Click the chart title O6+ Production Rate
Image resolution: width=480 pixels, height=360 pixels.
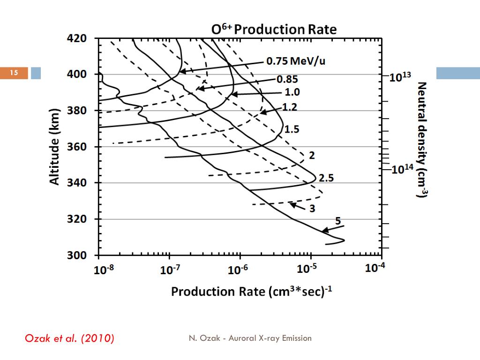click(x=274, y=30)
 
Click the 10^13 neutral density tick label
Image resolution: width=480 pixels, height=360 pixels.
click(x=400, y=77)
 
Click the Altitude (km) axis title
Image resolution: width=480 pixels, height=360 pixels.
click(x=55, y=147)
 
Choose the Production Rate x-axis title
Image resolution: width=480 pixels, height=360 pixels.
click(x=252, y=292)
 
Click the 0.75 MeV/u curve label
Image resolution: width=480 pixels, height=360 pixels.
click(x=295, y=61)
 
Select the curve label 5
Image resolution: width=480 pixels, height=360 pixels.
click(x=338, y=221)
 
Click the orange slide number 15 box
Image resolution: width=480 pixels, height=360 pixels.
click(x=14, y=73)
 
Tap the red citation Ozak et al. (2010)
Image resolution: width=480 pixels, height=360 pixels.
click(x=69, y=338)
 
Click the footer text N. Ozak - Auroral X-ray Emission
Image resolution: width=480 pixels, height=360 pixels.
click(x=250, y=338)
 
